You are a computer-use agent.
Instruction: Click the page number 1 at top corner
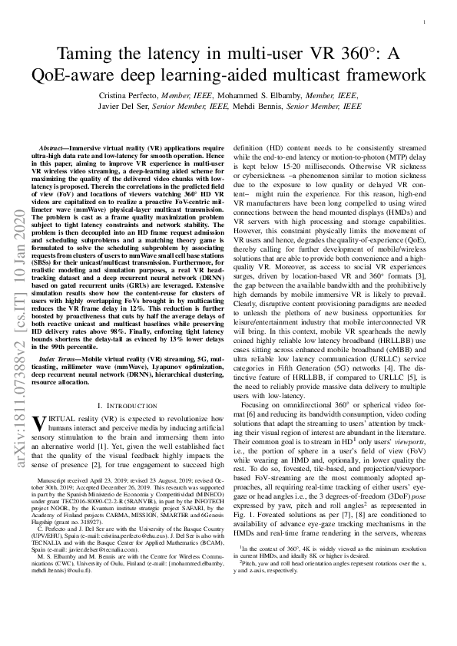pyautogui.click(x=424, y=22)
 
